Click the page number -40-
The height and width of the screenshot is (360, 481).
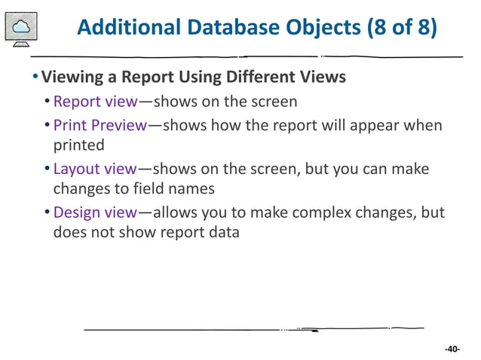[x=452, y=349]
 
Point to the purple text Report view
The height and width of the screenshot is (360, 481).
[x=96, y=102]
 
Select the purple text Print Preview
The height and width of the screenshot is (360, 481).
[x=100, y=125]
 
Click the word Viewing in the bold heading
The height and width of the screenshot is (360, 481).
[x=72, y=78]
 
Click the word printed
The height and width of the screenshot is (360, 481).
[x=78, y=145]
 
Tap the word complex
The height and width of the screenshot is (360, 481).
[x=332, y=213]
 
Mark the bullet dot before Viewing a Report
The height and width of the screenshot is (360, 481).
[x=35, y=78]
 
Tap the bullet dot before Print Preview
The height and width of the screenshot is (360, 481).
[x=47, y=126]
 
